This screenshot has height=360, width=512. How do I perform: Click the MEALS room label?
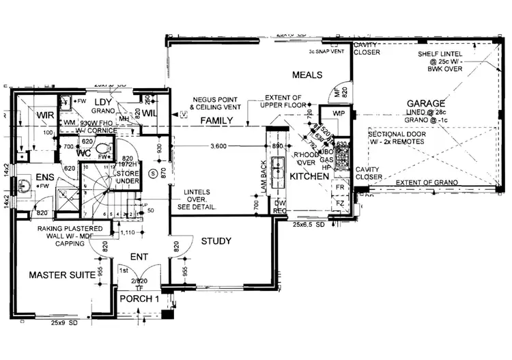pyautogui.click(x=307, y=73)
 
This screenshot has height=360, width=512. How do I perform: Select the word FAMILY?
pyautogui.click(x=214, y=121)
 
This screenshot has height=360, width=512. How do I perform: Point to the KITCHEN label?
pyautogui.click(x=309, y=176)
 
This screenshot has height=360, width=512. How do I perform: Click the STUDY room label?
pyautogui.click(x=216, y=241)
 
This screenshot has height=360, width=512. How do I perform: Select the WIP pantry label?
pyautogui.click(x=338, y=113)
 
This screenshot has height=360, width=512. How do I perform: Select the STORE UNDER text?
pyautogui.click(x=128, y=178)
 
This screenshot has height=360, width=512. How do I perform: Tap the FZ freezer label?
pyautogui.click(x=339, y=203)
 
